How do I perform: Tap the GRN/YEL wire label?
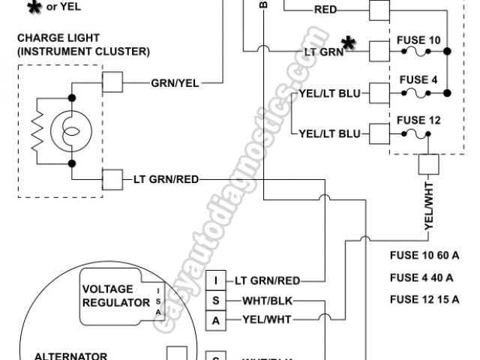[175, 83]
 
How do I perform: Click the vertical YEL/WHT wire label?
[429, 207]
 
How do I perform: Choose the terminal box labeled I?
[216, 281]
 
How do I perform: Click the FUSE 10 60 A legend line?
[424, 256]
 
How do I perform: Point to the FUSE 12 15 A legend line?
[424, 300]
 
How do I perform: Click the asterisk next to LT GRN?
[348, 42]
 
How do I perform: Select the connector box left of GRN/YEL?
[112, 82]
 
